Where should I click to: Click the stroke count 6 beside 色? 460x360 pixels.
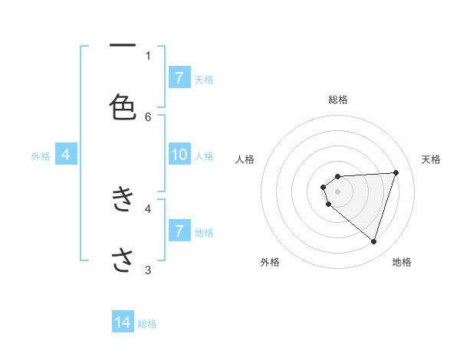(x=148, y=116)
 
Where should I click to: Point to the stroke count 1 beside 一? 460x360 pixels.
(x=148, y=55)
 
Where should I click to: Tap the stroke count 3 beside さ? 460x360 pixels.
(x=148, y=270)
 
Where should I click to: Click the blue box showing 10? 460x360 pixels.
(x=179, y=155)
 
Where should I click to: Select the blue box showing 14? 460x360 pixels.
(x=123, y=323)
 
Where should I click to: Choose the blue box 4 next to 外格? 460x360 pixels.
(x=66, y=155)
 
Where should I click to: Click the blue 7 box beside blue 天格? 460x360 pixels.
(x=179, y=78)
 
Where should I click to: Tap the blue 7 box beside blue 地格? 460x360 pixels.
(x=179, y=231)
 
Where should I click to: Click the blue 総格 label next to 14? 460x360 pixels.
(x=147, y=324)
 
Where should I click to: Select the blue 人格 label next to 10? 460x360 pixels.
(x=204, y=155)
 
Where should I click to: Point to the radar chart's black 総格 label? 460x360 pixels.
(x=337, y=100)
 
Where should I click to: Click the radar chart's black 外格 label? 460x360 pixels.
(x=270, y=263)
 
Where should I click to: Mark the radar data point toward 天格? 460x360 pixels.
(x=396, y=172)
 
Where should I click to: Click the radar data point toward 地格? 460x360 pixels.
(x=373, y=241)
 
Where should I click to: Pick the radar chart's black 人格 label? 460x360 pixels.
(x=245, y=159)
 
